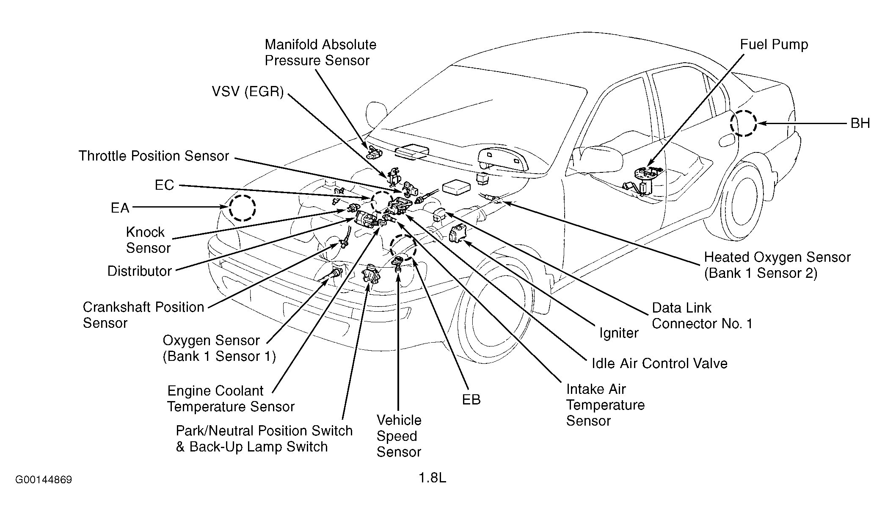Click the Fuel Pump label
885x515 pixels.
pyautogui.click(x=774, y=44)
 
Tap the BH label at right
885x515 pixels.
pyautogui.click(x=860, y=123)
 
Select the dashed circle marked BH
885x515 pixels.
pyautogui.click(x=743, y=123)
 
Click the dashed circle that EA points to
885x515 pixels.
pyautogui.click(x=243, y=208)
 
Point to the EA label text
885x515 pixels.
pyautogui.click(x=120, y=208)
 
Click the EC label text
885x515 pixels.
pyautogui.click(x=164, y=185)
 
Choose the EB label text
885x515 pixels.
pyautogui.click(x=471, y=400)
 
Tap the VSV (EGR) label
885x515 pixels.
pyautogui.click(x=248, y=91)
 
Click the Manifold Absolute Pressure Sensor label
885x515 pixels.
pyautogui.click(x=320, y=53)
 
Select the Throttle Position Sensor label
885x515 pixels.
pyautogui.click(x=154, y=156)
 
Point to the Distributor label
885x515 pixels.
pyautogui.click(x=140, y=271)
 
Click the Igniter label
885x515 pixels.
pyautogui.click(x=619, y=333)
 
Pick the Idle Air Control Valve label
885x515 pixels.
pyautogui.click(x=659, y=363)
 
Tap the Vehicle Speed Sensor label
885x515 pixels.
pyautogui.click(x=399, y=436)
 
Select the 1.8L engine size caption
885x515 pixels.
pyautogui.click(x=433, y=478)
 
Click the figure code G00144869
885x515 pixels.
pyautogui.click(x=44, y=480)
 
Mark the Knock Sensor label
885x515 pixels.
pyautogui.click(x=148, y=240)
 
